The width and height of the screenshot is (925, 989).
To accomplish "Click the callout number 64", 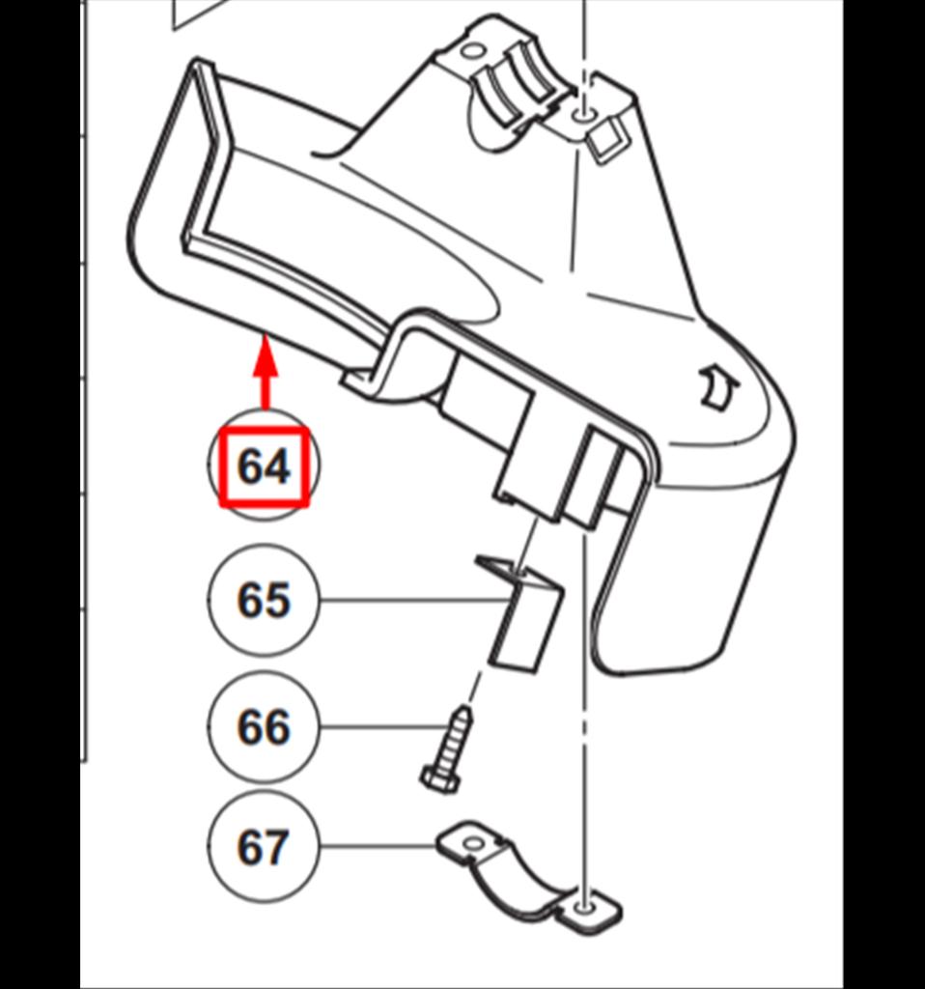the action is click(265, 467).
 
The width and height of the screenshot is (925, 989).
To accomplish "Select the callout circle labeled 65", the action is click(264, 600).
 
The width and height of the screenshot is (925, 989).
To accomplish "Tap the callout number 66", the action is click(264, 728).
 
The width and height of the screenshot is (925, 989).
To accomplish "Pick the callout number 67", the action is click(264, 847).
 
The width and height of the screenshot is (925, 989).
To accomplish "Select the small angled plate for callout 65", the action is click(520, 611).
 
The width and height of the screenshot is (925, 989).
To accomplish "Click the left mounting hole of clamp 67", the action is click(472, 842).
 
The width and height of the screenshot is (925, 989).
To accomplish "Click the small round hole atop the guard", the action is click(470, 50).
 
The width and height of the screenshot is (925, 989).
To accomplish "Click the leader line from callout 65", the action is click(415, 600).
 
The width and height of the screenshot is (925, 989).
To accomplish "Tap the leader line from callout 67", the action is click(378, 846).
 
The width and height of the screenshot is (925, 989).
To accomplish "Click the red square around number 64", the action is click(265, 467).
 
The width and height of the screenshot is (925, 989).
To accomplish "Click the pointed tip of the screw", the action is click(465, 708).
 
